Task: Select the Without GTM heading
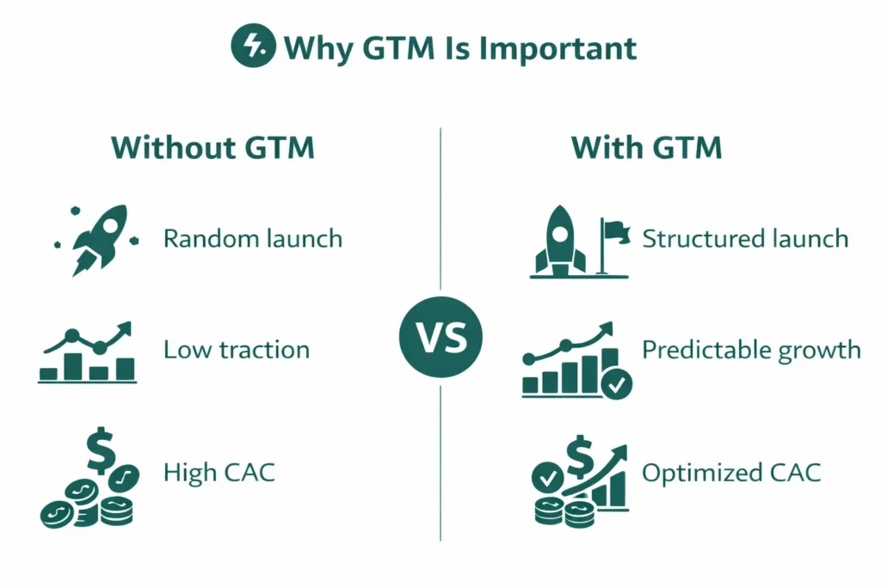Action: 213,148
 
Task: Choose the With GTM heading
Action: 647,148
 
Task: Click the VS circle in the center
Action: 440,339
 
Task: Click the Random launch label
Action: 253,238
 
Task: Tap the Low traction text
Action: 237,350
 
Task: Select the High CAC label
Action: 219,472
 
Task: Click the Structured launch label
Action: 745,238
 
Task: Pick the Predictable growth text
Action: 751,350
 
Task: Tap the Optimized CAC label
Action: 731,472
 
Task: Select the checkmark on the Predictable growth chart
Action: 617,386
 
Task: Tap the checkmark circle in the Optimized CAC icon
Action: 548,476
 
